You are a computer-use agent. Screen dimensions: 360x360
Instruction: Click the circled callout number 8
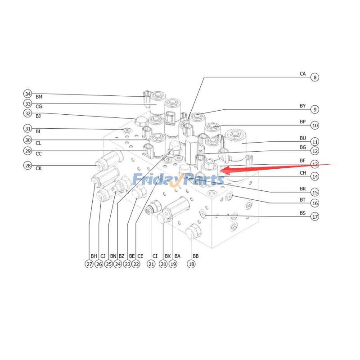315,77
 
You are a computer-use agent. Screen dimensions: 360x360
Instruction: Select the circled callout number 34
28,94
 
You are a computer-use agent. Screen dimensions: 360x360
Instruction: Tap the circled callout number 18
192,264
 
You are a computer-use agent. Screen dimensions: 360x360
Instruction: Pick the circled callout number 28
28,166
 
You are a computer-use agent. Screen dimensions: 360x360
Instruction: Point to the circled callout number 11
315,141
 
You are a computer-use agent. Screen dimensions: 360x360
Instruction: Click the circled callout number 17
315,216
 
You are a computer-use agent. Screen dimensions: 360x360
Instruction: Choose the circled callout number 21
151,264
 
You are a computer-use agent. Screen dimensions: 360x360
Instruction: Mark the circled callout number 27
89,264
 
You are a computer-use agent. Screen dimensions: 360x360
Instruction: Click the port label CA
302,73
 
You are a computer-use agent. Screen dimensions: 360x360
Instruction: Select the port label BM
39,97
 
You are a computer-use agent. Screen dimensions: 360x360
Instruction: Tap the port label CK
39,169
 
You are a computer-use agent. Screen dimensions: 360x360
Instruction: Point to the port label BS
302,212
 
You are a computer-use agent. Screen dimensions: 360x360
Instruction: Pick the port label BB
195,256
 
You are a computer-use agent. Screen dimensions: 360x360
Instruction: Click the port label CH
302,173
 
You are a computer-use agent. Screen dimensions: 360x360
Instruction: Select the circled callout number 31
28,129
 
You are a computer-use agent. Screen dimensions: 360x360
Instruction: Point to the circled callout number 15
315,192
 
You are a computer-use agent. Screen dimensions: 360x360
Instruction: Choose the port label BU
302,138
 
